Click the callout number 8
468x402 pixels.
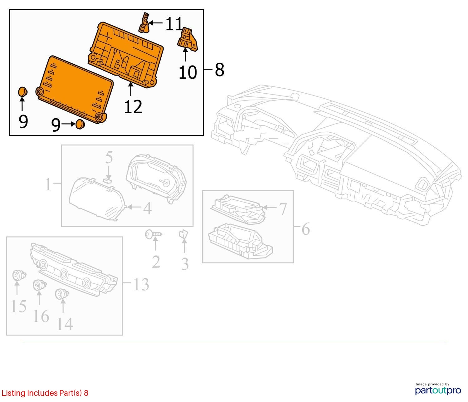pyautogui.click(x=219, y=70)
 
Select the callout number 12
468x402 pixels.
pyautogui.click(x=133, y=107)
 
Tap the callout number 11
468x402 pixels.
pyautogui.click(x=174, y=24)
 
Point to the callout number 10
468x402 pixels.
pyautogui.click(x=188, y=72)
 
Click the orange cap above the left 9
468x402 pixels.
pyautogui.click(x=22, y=92)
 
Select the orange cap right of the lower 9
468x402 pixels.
pyautogui.click(x=80, y=124)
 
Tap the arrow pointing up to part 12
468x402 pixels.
pyautogui.click(x=131, y=89)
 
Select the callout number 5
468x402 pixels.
pyautogui.click(x=109, y=158)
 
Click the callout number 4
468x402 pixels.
pyautogui.click(x=147, y=208)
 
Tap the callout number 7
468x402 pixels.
pyautogui.click(x=282, y=209)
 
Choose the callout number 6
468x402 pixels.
pyautogui.click(x=305, y=229)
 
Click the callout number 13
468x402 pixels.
pyautogui.click(x=141, y=284)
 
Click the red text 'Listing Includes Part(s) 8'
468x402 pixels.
pyautogui.click(x=45, y=393)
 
